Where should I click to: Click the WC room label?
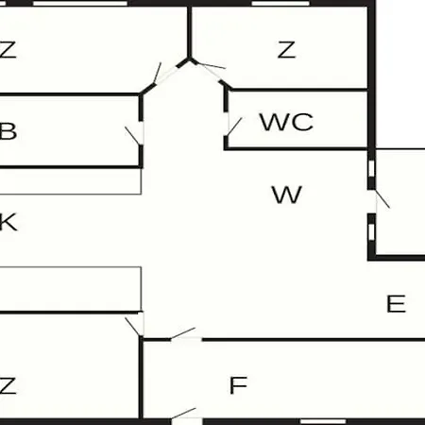(286, 122)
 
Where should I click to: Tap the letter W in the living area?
(287, 195)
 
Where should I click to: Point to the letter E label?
(396, 303)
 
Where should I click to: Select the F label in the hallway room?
(238, 385)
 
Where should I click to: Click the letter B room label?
(8, 131)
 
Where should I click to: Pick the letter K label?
(8, 222)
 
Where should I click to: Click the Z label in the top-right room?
(286, 49)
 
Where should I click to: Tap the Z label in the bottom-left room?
(8, 385)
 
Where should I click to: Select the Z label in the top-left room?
(8, 49)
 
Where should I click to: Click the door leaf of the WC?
(234, 127)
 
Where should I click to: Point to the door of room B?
(132, 136)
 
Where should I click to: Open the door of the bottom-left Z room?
(133, 327)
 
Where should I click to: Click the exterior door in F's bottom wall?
(183, 414)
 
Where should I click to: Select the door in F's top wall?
(182, 333)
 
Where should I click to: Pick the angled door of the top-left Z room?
(157, 73)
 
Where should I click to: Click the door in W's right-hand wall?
(382, 198)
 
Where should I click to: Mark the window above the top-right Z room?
(280, 4)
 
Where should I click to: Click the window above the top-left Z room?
(80, 4)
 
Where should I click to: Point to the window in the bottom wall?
(323, 421)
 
